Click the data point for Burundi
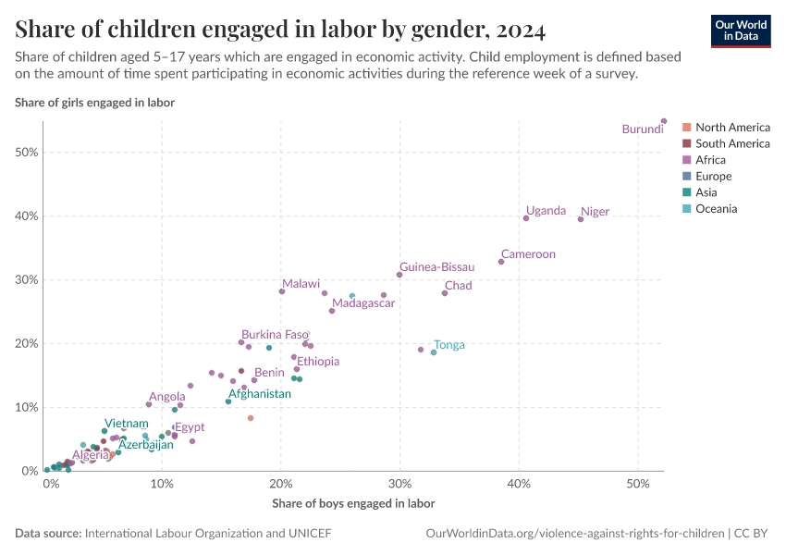(664, 121)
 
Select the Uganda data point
(526, 218)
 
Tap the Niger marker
(581, 219)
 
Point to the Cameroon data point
(501, 262)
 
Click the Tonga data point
(434, 352)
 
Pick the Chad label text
(458, 286)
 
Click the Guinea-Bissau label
(436, 266)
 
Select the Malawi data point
(282, 291)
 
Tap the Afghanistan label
(260, 394)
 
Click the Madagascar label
(363, 303)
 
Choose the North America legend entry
(732, 128)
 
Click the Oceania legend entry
(716, 209)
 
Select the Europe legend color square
(686, 177)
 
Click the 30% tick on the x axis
(399, 485)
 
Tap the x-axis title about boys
(353, 504)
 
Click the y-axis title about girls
(94, 103)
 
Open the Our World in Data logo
(740, 31)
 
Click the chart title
(280, 30)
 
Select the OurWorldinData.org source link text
(574, 534)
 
